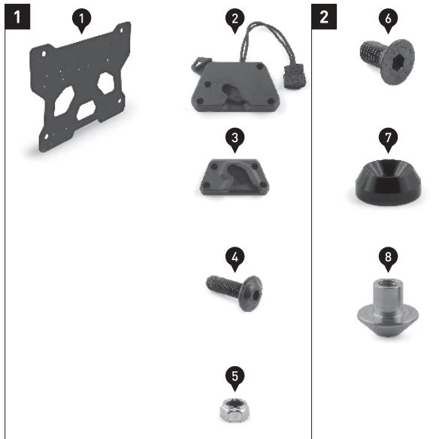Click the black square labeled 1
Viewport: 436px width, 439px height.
(x=17, y=17)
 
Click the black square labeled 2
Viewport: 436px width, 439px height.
(x=324, y=17)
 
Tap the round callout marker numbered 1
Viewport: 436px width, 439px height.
(x=81, y=21)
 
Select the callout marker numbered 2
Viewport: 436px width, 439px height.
(x=235, y=21)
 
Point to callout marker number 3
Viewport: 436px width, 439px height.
(x=235, y=140)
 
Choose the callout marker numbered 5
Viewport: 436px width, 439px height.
(x=235, y=378)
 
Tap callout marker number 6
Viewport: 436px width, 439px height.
(x=388, y=21)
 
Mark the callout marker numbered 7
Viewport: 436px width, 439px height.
(x=388, y=140)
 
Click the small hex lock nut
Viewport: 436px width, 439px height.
(x=235, y=410)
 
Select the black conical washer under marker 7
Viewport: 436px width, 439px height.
(x=388, y=182)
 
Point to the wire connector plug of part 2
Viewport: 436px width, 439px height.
(x=295, y=76)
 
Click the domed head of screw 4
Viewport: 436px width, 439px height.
(x=251, y=293)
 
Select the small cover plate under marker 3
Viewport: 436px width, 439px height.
(x=234, y=177)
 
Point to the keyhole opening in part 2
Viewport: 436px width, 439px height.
(x=232, y=90)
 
